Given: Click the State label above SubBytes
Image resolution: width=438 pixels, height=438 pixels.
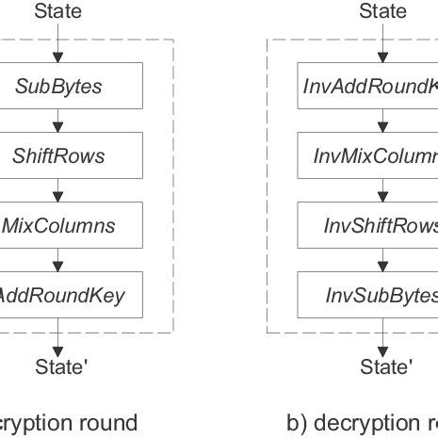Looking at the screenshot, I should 57,11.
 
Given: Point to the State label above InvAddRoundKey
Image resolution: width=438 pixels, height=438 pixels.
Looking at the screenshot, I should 383,11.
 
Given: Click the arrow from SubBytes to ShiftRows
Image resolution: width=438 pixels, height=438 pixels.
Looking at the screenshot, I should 58,121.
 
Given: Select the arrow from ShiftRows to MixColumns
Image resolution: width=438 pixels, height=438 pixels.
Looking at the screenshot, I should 58,190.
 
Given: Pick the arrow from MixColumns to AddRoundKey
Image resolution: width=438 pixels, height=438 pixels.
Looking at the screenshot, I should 58,260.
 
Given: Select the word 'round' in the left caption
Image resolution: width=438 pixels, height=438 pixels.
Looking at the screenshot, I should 110,423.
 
